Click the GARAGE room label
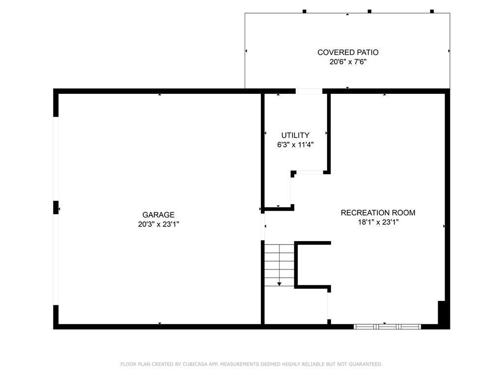coord(158,215)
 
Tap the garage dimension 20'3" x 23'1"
coord(158,224)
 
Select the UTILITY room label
coord(295,135)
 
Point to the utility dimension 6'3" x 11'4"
coord(295,145)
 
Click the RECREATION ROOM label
coord(378,213)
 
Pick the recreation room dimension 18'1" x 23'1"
coord(378,222)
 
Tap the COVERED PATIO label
coord(348,53)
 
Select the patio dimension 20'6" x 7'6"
coord(348,62)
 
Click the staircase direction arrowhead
coord(279,284)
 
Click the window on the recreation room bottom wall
coord(387,326)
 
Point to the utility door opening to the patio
coord(309,91)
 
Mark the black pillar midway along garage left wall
coord(56,207)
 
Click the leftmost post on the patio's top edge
coord(305,11)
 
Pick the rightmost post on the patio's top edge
coord(432,11)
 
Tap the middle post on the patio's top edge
coord(369,11)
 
